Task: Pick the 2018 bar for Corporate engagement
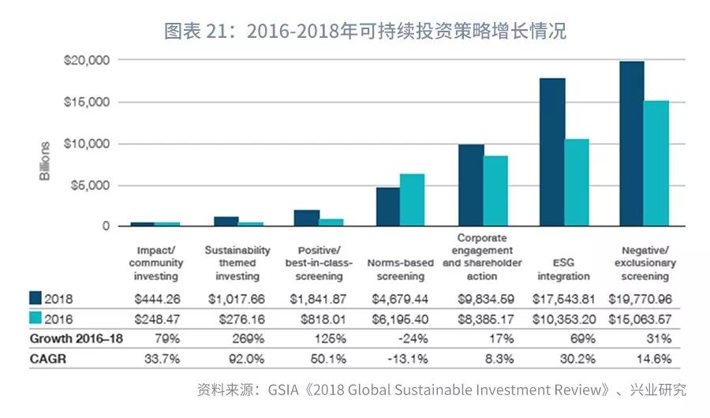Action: (x=471, y=185)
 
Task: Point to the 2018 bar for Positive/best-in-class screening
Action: (x=306, y=218)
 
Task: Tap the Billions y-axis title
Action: (x=45, y=161)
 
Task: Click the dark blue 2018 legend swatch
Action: (x=35, y=298)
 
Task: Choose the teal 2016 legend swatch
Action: (x=35, y=319)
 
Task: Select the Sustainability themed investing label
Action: (x=237, y=263)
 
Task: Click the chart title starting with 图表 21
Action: (x=364, y=32)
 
